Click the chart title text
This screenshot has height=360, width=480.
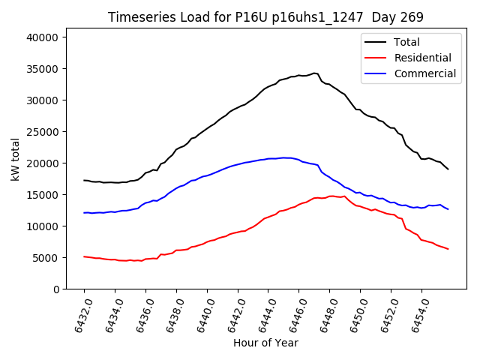[x=265, y=17]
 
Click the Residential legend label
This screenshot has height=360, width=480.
[x=423, y=58]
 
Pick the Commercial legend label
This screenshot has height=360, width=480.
[x=424, y=73]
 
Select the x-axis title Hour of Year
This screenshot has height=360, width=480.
[x=265, y=343]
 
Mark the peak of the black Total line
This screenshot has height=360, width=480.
[x=314, y=73]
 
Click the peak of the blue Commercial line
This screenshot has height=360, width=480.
[x=285, y=157]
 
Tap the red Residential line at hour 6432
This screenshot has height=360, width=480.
[x=84, y=256]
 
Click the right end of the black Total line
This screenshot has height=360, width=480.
[x=448, y=169]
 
